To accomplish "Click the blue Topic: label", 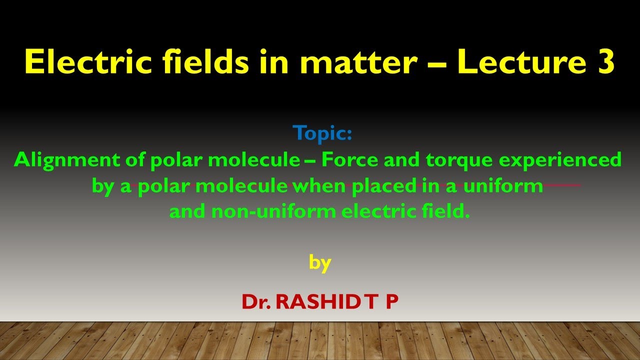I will point(322,133).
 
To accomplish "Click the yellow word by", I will point(320,262).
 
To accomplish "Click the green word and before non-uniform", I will point(187,211).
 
